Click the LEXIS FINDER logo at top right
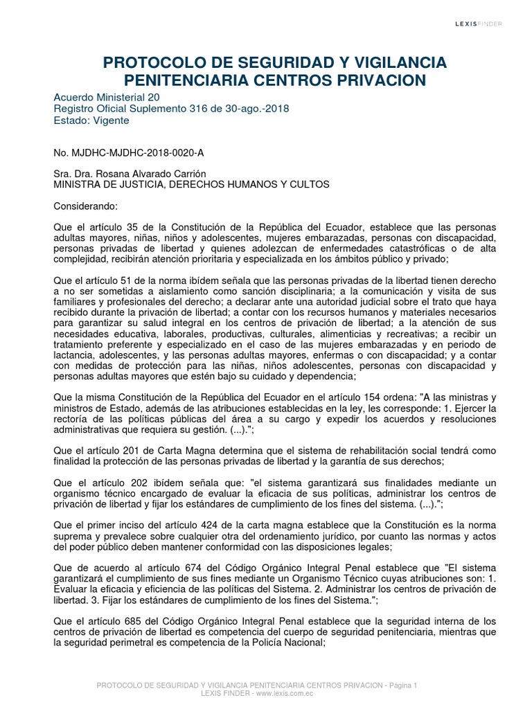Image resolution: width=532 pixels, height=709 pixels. [479, 24]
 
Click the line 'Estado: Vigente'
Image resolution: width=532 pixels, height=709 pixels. [91, 120]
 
